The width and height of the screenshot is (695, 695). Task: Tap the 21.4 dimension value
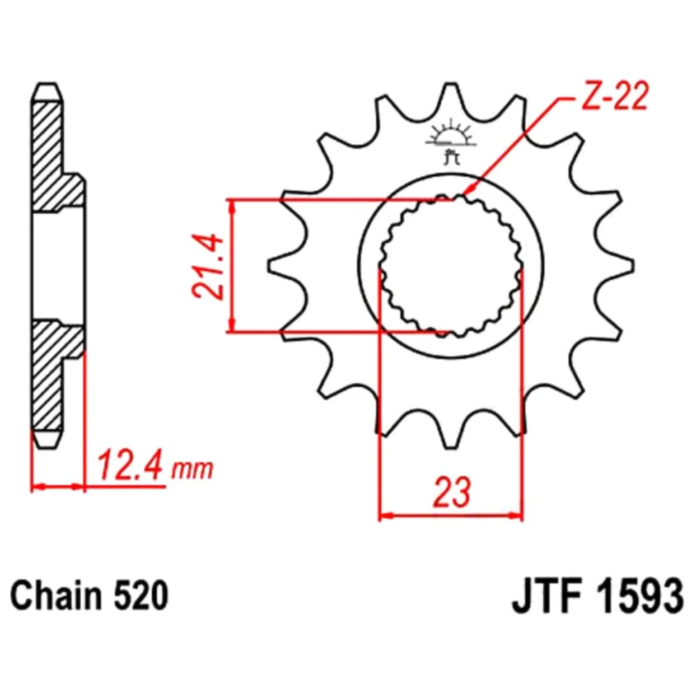click(x=207, y=266)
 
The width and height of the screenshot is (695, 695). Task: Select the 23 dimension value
click(x=452, y=492)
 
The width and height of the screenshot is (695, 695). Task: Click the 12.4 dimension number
click(x=130, y=466)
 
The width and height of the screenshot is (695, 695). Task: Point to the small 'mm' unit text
click(x=193, y=469)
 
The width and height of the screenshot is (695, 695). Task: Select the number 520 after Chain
click(x=141, y=596)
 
